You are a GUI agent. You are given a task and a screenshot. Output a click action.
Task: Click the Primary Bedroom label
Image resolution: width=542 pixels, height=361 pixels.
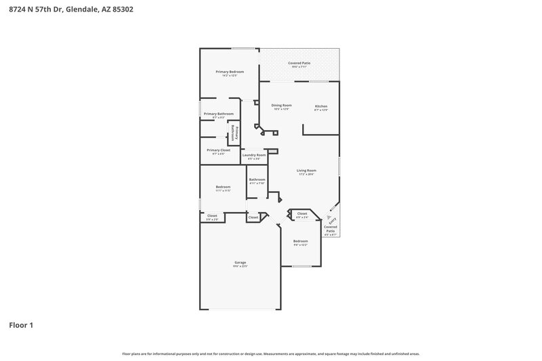[x=230, y=72]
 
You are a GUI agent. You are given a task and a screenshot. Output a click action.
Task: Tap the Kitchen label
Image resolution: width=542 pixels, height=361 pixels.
[x=321, y=106]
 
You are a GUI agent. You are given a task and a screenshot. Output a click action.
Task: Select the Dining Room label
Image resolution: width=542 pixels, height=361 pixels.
[x=281, y=106]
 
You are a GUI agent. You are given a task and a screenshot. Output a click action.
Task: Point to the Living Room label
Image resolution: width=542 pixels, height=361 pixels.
[x=307, y=171]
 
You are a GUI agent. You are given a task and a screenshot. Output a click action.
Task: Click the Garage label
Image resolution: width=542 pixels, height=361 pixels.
[x=240, y=262]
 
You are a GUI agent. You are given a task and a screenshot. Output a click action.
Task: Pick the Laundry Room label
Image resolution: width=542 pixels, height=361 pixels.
[x=254, y=155]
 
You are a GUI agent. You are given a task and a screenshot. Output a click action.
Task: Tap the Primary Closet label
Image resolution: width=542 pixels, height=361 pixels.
[x=218, y=150]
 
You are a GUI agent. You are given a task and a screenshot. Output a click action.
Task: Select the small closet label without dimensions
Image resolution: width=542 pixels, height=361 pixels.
[x=253, y=217]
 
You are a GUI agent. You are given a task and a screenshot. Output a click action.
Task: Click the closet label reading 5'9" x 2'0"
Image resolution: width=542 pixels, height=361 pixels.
[x=212, y=216]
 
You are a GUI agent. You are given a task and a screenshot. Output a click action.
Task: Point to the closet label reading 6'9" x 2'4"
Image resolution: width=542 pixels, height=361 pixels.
[x=302, y=214]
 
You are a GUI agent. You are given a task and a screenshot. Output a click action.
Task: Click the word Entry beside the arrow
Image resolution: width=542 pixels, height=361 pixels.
[x=333, y=220]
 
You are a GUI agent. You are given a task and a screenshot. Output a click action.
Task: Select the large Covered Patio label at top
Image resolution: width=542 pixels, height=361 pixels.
[x=299, y=63]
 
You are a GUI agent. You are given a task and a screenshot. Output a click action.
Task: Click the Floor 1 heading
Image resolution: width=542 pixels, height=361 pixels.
[x=21, y=325]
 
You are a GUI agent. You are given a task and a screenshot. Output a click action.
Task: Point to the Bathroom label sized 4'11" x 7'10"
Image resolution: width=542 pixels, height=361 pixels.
[x=257, y=180]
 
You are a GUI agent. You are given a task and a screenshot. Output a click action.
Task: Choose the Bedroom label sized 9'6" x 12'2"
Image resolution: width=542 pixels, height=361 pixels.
[x=300, y=242]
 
